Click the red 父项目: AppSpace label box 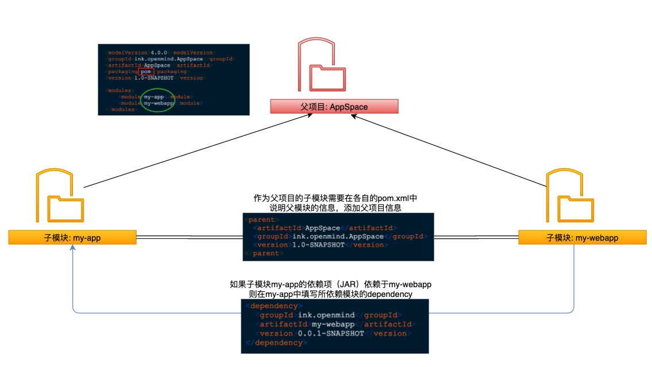click(x=334, y=107)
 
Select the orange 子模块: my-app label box click(x=72, y=237)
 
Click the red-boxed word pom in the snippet click(x=146, y=71)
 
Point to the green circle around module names click(x=158, y=100)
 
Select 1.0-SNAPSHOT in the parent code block click(x=319, y=245)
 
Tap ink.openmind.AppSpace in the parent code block click(x=337, y=236)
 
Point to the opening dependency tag click(x=273, y=306)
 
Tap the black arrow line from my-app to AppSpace click(x=195, y=150)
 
